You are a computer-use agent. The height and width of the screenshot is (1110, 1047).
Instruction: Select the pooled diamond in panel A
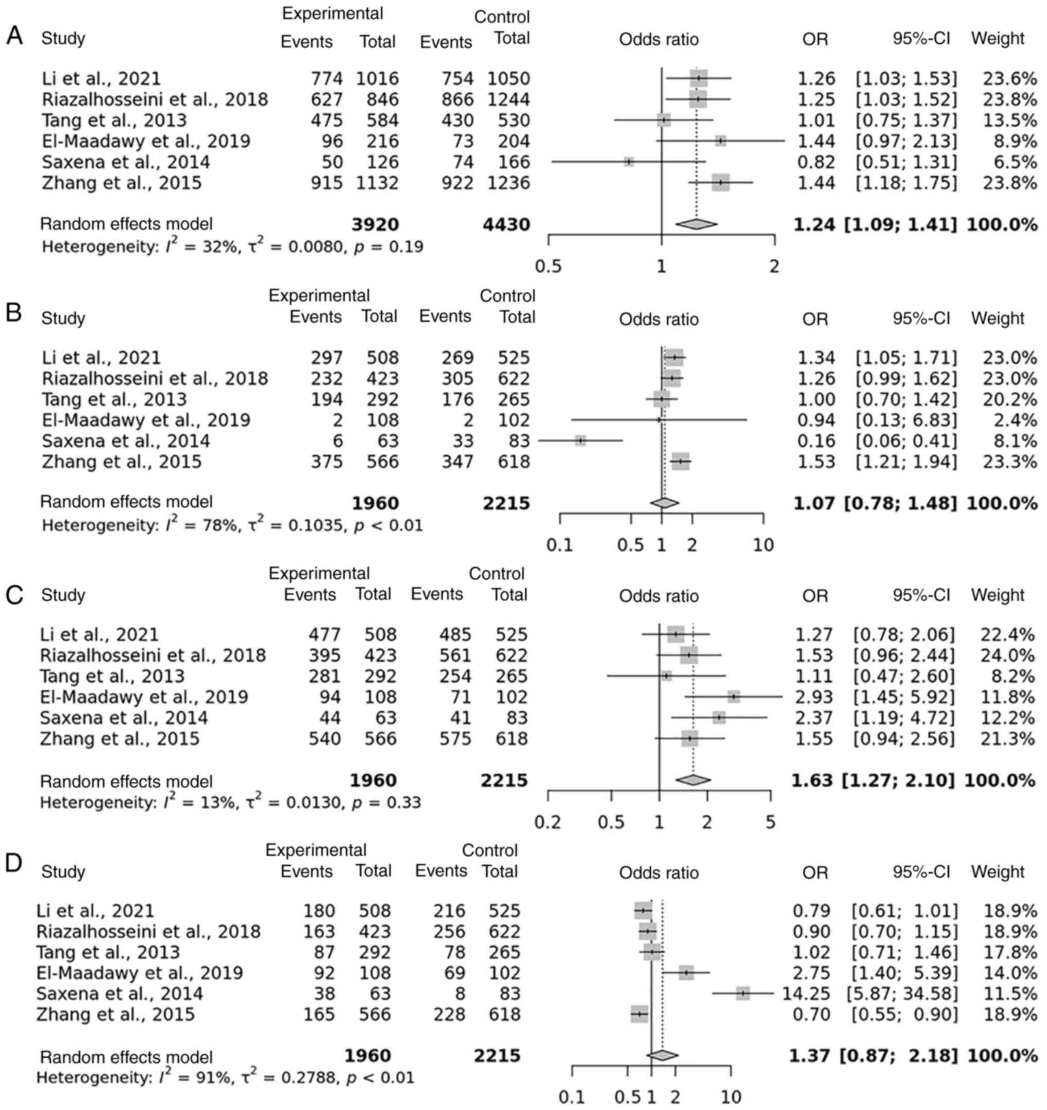tap(696, 224)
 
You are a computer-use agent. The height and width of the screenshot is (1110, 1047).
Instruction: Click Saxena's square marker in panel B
tap(581, 441)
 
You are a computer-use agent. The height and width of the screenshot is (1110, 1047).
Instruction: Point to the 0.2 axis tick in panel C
tap(547, 822)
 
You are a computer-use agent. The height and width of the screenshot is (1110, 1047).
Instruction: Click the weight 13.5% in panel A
tap(1009, 120)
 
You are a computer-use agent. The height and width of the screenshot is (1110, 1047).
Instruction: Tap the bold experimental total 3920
tap(375, 225)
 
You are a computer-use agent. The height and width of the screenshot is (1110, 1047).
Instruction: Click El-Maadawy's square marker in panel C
tap(734, 697)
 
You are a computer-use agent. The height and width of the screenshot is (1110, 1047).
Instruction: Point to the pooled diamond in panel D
tap(662, 1055)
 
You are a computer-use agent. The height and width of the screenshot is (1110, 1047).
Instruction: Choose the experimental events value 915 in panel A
tap(327, 182)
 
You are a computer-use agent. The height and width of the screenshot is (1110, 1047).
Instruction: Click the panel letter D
tap(14, 863)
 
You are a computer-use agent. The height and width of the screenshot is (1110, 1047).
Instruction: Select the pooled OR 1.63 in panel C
tap(813, 780)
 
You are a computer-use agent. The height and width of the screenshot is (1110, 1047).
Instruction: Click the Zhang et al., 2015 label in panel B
tap(121, 462)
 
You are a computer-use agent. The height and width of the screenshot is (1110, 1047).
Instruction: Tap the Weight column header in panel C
tap(998, 595)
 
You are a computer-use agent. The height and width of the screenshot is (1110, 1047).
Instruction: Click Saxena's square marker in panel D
tap(742, 994)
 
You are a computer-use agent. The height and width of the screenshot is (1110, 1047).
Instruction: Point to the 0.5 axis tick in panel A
tap(548, 266)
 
